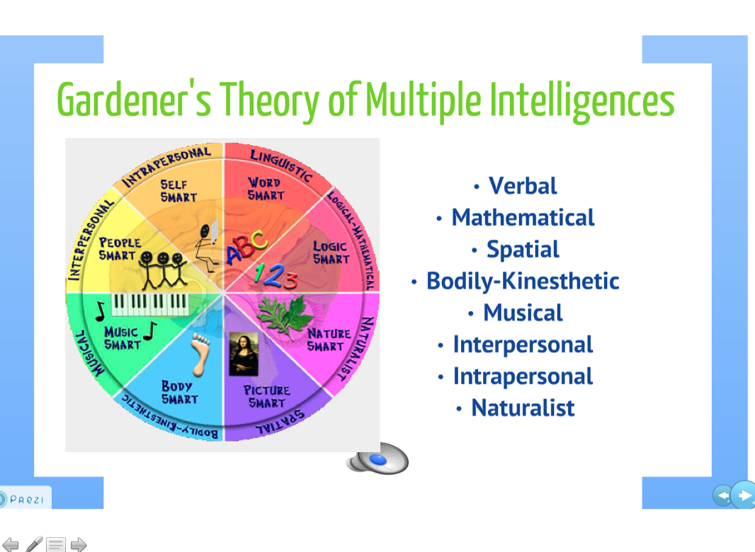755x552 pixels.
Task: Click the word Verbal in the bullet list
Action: coord(523,186)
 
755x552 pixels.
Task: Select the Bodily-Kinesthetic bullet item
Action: coord(523,281)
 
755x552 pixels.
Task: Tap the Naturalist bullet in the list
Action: coord(523,408)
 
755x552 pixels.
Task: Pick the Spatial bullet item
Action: coord(523,249)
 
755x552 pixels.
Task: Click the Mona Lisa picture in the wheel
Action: coord(242,354)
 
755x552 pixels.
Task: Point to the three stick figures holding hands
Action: coord(164,269)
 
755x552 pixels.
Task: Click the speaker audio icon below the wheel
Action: coord(378,459)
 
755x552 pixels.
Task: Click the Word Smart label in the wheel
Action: coord(266,188)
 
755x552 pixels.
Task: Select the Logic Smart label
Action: coord(331,253)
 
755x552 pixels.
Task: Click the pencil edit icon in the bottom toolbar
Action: coord(34,544)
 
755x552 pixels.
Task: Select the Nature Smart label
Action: coord(328,340)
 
